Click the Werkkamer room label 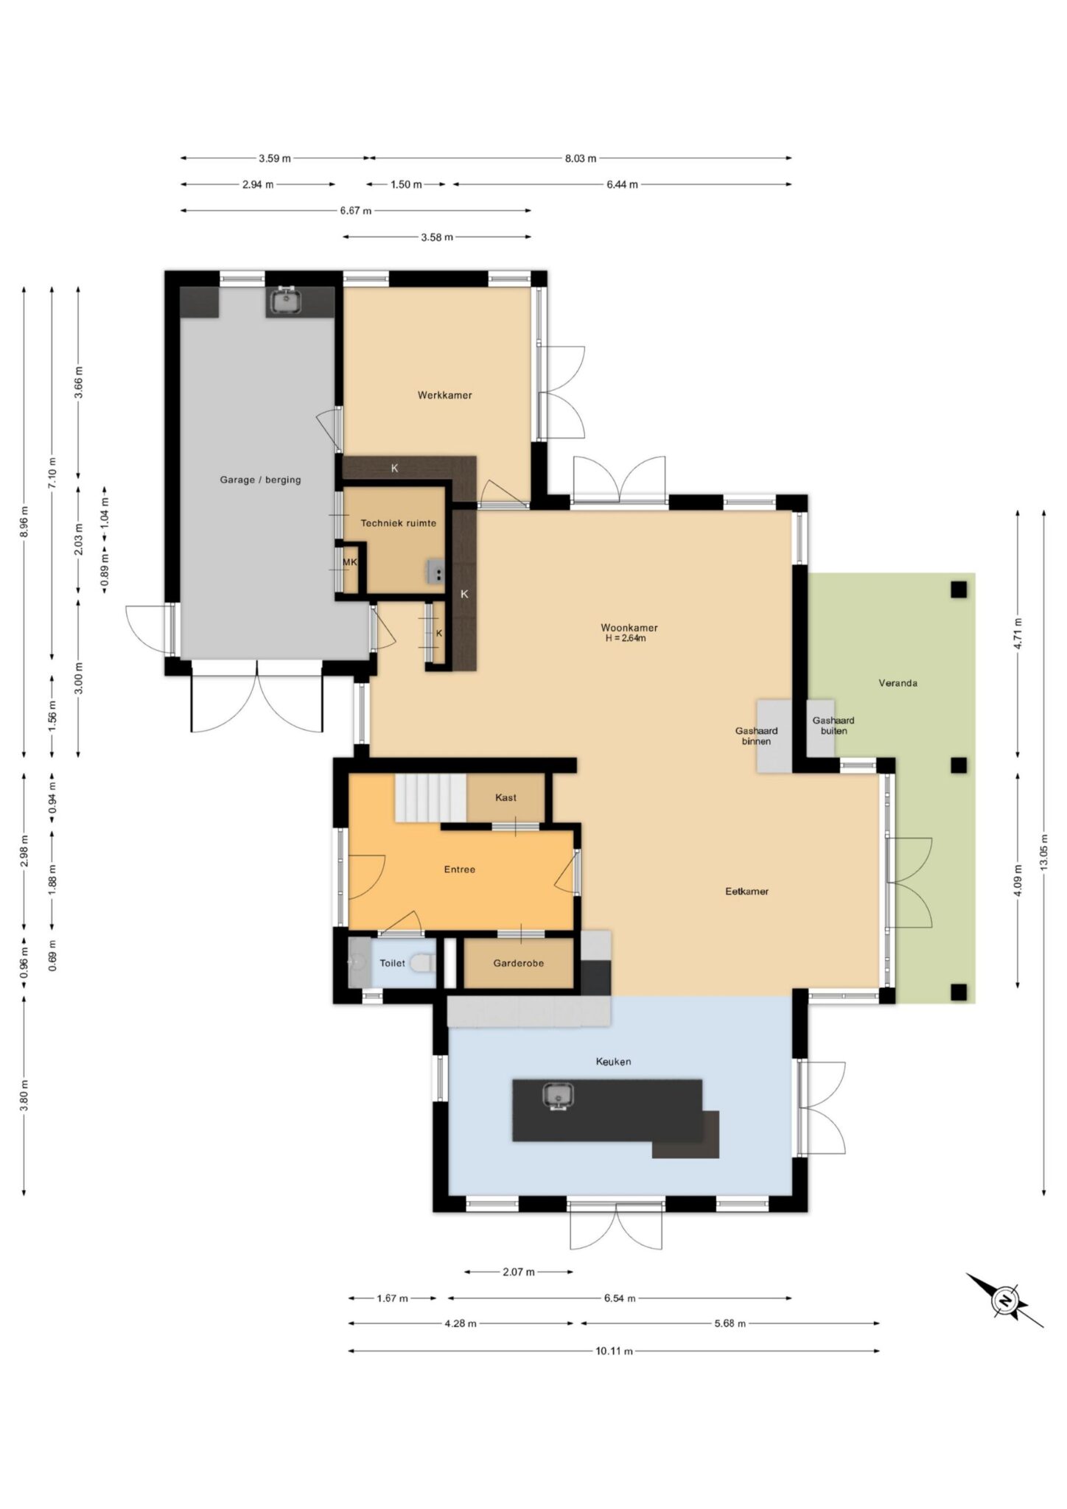click(444, 395)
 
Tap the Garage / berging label click(260, 480)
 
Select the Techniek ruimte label click(398, 523)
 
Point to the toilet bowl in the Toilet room click(423, 962)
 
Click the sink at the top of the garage click(284, 301)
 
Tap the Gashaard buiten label click(833, 726)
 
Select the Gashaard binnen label click(756, 736)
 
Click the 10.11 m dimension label click(614, 1351)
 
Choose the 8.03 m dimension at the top click(581, 158)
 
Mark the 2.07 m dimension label click(519, 1271)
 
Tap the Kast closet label click(505, 797)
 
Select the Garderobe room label click(519, 963)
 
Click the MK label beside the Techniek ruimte click(349, 562)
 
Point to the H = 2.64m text click(626, 638)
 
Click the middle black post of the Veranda click(958, 766)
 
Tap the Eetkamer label click(746, 891)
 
